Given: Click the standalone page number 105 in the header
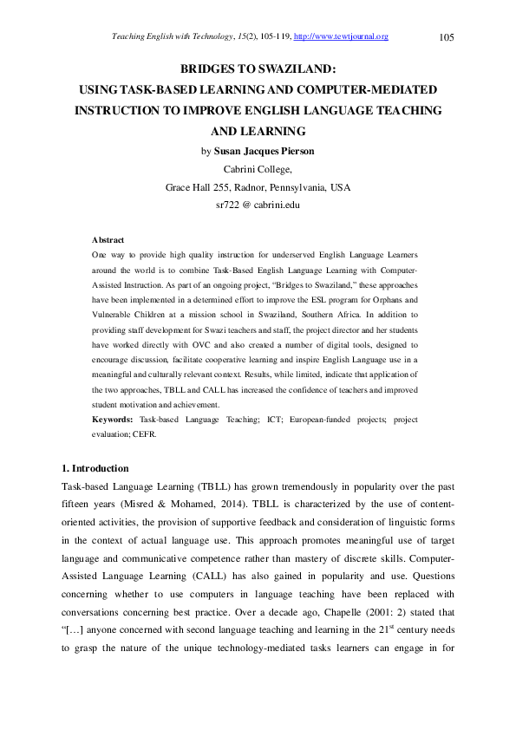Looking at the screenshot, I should pos(447,36).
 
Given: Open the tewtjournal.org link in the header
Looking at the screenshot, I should pos(342,36).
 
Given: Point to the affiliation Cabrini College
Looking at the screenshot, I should pos(258,169).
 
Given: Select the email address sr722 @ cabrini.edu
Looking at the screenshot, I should pos(258,205).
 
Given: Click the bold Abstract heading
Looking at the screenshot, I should pos(108,239).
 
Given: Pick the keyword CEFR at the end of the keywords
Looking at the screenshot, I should pos(144,434).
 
